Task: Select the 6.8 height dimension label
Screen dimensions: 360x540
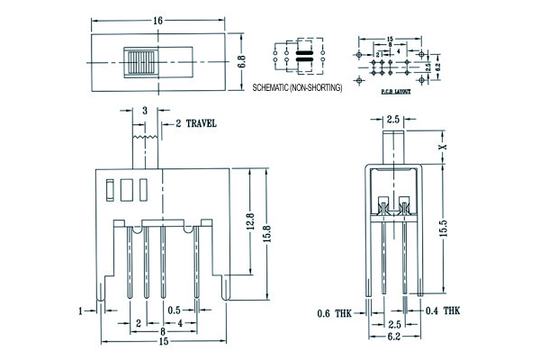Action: point(240,63)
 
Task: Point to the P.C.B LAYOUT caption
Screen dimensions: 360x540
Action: point(395,91)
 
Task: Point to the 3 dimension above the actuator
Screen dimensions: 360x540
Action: point(145,110)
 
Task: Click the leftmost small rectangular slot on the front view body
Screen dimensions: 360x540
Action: point(109,189)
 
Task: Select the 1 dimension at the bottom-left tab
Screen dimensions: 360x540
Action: point(80,310)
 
